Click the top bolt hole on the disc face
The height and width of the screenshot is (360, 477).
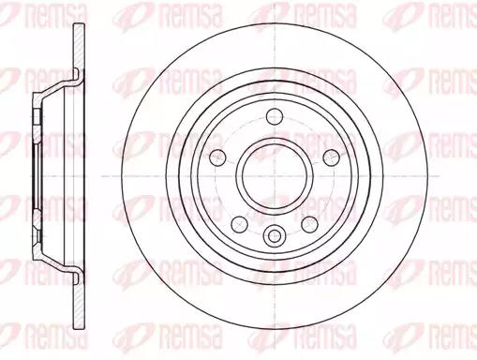(x=275, y=116)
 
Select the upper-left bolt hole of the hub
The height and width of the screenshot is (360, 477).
(x=217, y=157)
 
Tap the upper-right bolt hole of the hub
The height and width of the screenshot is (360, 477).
(x=332, y=157)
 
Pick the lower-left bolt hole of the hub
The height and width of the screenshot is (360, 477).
(x=240, y=224)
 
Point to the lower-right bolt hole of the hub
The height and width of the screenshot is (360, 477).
(x=310, y=224)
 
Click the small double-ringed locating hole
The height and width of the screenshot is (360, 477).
(x=275, y=235)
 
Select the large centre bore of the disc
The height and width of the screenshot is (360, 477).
(x=275, y=176)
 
